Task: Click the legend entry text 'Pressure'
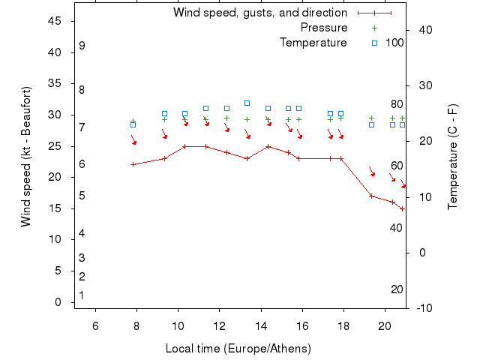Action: coord(324,28)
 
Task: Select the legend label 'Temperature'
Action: coord(313,43)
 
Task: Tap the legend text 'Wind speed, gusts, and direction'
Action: coord(260,13)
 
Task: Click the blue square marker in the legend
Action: coord(374,43)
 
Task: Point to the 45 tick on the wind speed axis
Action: coord(55,21)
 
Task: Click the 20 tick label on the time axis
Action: coord(385,325)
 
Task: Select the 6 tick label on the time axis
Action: coord(95,325)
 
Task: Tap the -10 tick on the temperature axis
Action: coord(421,308)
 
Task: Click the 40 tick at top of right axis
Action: coord(421,30)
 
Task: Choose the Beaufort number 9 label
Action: coord(82,46)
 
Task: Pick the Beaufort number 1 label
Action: coord(82,295)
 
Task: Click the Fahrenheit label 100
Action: coord(395,43)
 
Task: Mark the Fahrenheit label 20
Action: coord(397,289)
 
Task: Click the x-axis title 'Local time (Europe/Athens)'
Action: coord(238,349)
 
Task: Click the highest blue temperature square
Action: coord(247,103)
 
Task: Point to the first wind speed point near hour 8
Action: coord(133,164)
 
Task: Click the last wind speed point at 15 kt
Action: coord(403,208)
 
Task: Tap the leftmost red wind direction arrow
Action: coord(133,140)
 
